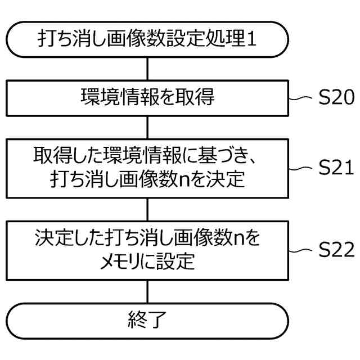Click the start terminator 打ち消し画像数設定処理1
147,39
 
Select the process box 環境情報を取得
147,98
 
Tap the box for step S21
147,167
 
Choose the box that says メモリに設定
147,250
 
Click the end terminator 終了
147,321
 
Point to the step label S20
336,98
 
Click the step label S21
336,167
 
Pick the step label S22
336,250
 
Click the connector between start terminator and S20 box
147,69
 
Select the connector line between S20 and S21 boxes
147,126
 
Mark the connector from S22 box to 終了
147,291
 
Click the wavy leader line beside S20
301,98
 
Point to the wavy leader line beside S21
301,167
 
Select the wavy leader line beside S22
301,250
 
